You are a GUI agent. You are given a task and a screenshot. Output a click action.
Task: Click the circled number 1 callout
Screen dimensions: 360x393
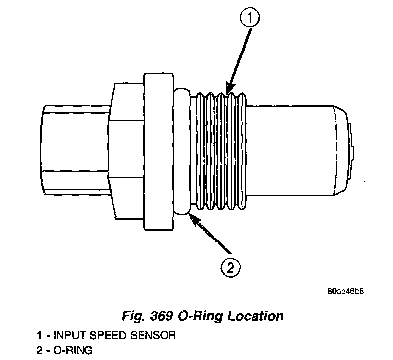[x=250, y=19]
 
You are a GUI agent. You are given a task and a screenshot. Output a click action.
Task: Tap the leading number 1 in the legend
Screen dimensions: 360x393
[x=39, y=336]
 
